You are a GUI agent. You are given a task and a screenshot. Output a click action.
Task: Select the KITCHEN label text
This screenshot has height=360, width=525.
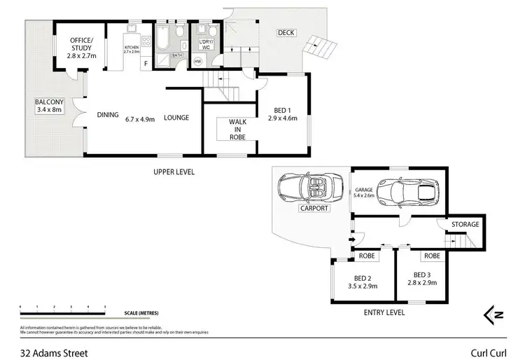pos(132,49)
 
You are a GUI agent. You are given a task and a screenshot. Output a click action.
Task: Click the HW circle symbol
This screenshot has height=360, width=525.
pos(197,61)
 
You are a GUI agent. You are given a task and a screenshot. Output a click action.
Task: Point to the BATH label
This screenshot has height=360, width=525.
pos(178,54)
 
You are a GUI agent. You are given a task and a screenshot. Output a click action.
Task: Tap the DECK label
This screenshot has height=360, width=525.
pos(286,33)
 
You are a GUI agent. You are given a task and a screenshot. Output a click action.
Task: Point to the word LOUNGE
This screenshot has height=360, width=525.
pos(176,117)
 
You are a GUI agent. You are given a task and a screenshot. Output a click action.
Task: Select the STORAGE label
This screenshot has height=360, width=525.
pos(465,225)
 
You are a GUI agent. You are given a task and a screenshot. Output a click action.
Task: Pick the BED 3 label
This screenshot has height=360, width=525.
pos(421,278)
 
